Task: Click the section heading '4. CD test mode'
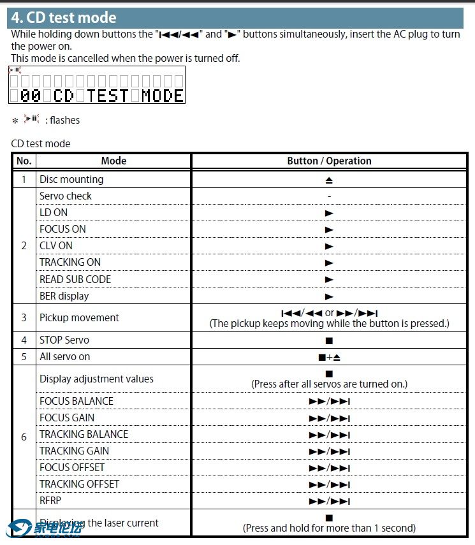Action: click(64, 18)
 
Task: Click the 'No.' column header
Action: click(24, 161)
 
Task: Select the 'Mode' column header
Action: click(113, 161)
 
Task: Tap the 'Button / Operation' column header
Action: click(329, 161)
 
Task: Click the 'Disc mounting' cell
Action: click(71, 180)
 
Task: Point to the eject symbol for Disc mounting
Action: click(329, 180)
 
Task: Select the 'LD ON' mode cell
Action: click(54, 213)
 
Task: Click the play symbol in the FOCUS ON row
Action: click(329, 229)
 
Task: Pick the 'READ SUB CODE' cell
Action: click(75, 279)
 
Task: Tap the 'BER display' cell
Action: click(64, 296)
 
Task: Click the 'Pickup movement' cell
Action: click(79, 317)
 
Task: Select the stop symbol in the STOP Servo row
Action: click(329, 340)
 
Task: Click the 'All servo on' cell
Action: click(65, 357)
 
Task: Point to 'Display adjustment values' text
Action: click(96, 379)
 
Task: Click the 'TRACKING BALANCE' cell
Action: click(84, 434)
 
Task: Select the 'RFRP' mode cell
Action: click(50, 500)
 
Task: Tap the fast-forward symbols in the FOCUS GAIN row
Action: click(329, 418)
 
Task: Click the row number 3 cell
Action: click(24, 317)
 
